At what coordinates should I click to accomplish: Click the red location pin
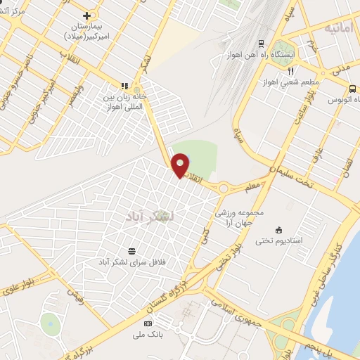coord(181,165)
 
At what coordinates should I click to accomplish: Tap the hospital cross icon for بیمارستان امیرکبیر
coord(86,15)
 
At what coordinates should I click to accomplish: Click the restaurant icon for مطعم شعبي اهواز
coord(290,71)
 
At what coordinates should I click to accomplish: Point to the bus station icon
coord(352,89)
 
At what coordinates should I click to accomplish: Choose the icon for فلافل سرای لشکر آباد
coord(131,250)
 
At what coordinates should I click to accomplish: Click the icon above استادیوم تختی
coord(279,229)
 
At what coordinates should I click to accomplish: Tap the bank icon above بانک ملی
coord(147,323)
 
